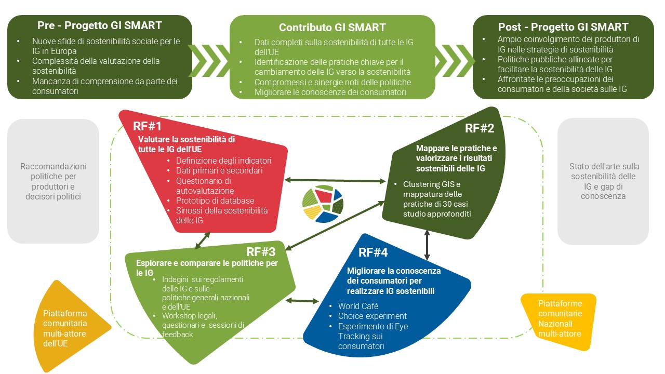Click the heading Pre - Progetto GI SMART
tap(99, 25)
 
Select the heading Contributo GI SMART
tap(332, 28)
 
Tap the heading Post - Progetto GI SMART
tap(563, 27)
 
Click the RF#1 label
tap(147, 126)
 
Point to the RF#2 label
tap(479, 128)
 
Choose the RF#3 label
tap(260, 252)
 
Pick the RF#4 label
tap(373, 252)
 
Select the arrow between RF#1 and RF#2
tap(336, 180)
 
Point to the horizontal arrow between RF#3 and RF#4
tap(302, 300)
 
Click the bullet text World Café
tap(358, 306)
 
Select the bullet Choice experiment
tap(372, 316)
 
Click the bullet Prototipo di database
tap(215, 201)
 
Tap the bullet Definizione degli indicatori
tap(223, 161)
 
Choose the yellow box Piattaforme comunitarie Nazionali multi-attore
tap(560, 318)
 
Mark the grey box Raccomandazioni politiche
tap(53, 181)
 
